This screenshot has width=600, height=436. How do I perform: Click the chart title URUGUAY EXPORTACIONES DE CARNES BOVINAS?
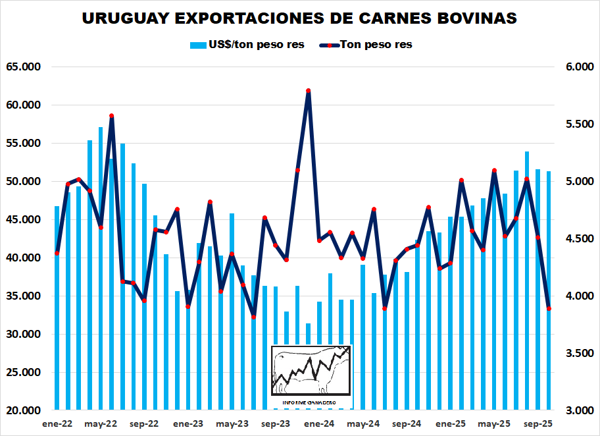coord(299,18)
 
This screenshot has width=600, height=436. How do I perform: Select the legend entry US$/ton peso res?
coord(247,45)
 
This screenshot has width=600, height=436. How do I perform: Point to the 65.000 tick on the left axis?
coord(24,67)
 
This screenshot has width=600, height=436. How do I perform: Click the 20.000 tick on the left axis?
coord(24,410)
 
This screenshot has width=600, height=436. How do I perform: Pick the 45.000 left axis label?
coord(24,219)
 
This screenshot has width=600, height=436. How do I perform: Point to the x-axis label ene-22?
coord(57,424)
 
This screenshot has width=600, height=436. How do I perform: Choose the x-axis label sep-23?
coord(276,424)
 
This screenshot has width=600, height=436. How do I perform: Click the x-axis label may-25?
coord(494,424)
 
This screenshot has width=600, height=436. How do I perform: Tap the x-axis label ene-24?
coord(319,424)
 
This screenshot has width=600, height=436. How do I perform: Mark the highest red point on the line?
coord(308,91)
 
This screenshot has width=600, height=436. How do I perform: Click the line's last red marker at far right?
coord(549,308)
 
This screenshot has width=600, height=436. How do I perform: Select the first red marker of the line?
coord(57,253)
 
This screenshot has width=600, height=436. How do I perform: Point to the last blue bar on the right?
coord(549,356)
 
